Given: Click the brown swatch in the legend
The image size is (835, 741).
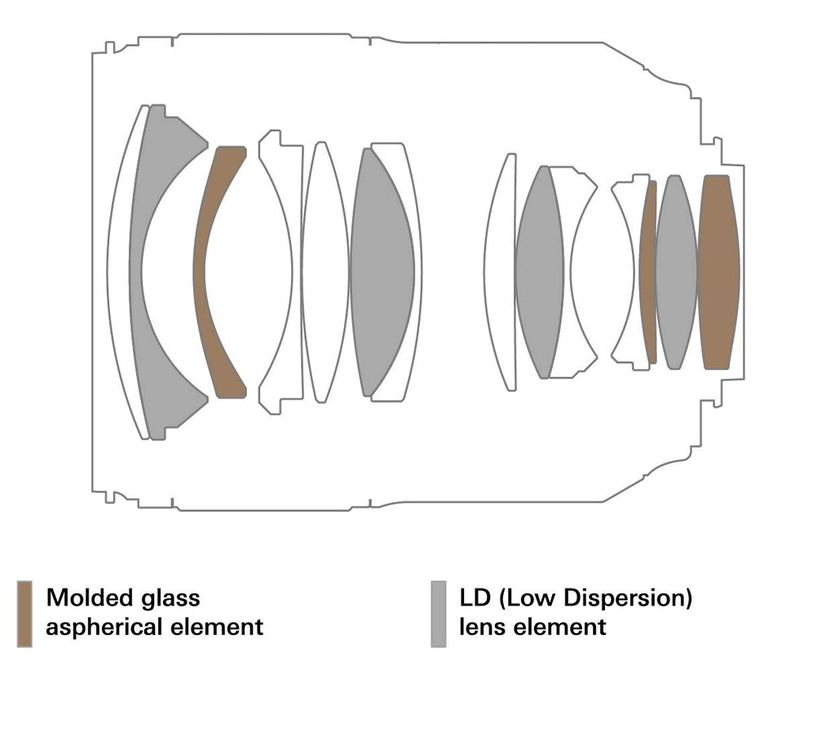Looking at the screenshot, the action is click(24, 614).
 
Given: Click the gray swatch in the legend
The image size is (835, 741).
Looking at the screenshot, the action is click(438, 614).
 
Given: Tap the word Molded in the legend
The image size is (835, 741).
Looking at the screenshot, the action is click(90, 598).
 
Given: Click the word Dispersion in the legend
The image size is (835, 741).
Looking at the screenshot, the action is click(627, 598).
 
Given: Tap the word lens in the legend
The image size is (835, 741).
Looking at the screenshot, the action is click(481, 627).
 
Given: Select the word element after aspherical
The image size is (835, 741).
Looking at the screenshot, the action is click(216, 627).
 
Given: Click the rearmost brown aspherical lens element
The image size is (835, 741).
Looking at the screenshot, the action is click(718, 271).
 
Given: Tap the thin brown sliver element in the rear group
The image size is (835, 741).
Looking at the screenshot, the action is click(648, 271).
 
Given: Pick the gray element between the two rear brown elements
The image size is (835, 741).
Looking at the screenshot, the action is click(676, 271).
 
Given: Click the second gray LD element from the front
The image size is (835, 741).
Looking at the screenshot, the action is click(381, 271).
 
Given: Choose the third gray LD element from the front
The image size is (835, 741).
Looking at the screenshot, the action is click(540, 271).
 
